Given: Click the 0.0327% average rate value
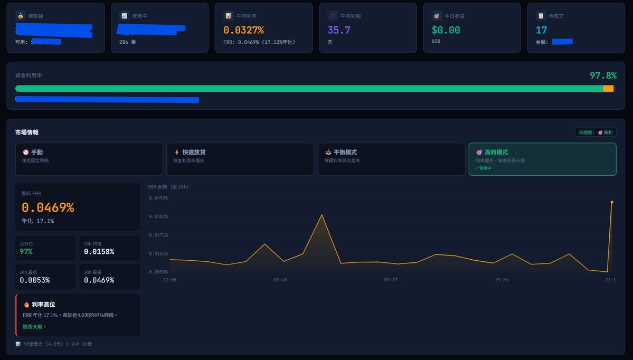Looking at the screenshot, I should point(243,30).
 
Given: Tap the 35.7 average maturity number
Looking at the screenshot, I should point(339,30).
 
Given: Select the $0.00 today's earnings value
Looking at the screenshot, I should point(446,30).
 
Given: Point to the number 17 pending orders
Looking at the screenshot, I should point(542,30).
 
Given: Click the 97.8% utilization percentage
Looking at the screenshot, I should point(603,75).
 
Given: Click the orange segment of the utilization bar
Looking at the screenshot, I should point(608,89).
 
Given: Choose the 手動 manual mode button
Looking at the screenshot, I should point(89,159).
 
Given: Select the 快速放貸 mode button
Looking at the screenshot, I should point(240,159).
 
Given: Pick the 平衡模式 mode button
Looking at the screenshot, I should point(391,159).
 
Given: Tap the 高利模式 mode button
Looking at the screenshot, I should point(542,159).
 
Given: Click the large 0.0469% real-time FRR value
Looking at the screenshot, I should point(48,207).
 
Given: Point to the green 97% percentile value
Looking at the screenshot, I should point(26,252).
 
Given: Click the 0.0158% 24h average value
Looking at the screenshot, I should point(99,252).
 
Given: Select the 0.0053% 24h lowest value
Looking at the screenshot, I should point(35,280).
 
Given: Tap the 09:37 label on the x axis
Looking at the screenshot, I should point(391,280).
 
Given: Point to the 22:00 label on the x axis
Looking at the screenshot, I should point(169,280).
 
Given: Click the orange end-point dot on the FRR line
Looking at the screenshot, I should point(612,202).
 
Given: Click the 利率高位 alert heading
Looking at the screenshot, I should point(43,305).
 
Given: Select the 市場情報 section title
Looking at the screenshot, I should point(26,132).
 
